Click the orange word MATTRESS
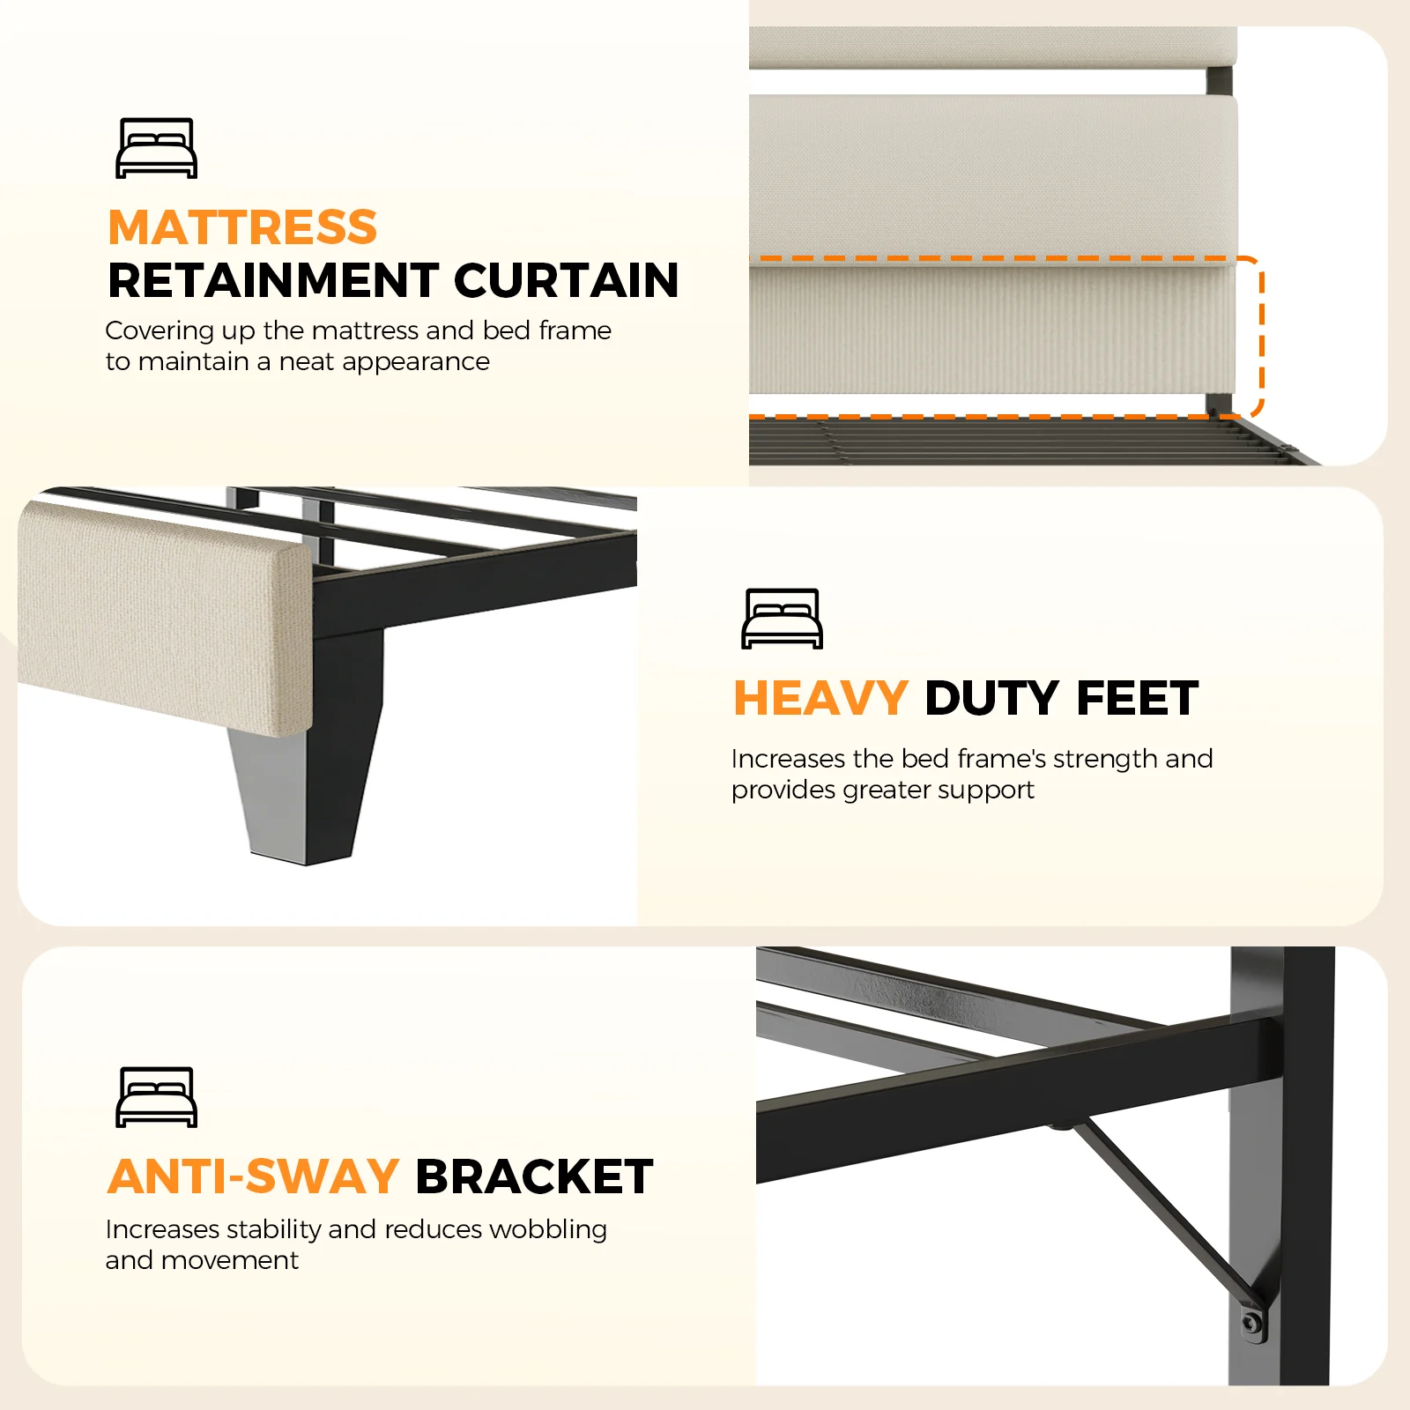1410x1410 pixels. [242, 227]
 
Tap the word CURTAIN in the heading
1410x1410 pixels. [567, 280]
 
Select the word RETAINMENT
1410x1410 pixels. [273, 280]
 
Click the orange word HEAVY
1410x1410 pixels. [820, 698]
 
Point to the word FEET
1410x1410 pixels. [1137, 698]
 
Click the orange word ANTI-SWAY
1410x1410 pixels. [253, 1176]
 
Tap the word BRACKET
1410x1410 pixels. [534, 1176]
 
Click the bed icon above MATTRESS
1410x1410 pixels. [157, 148]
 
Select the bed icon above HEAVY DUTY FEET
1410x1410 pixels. [783, 619]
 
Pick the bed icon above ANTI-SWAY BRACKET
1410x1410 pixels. [157, 1097]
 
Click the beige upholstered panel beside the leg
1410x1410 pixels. [165, 617]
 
